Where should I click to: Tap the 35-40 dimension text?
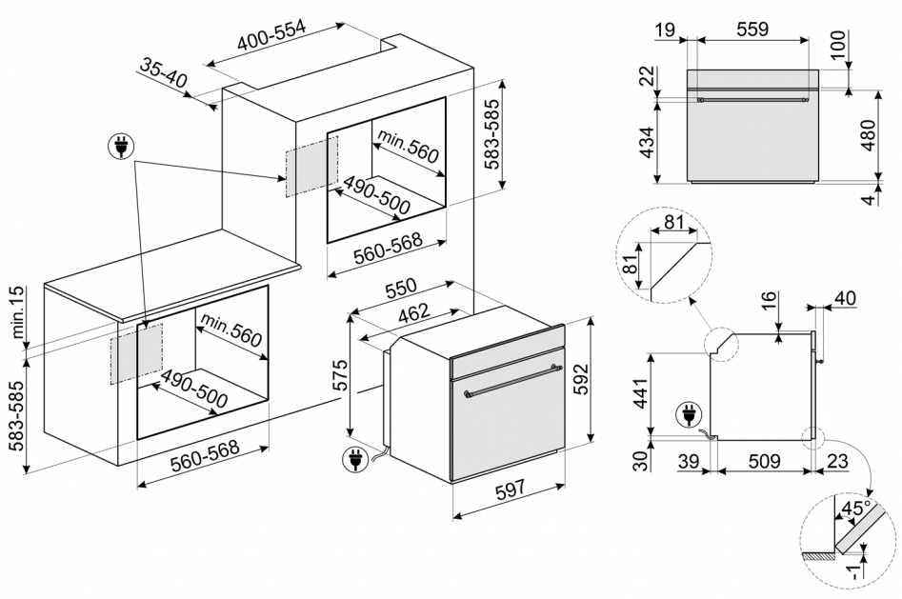click(x=163, y=74)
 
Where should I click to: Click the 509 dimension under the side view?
click(x=765, y=461)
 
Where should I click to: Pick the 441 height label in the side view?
click(x=640, y=389)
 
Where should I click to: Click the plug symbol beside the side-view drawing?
click(x=685, y=415)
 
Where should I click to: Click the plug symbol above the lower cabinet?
click(x=121, y=148)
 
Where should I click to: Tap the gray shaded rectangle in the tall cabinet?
click(x=310, y=165)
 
